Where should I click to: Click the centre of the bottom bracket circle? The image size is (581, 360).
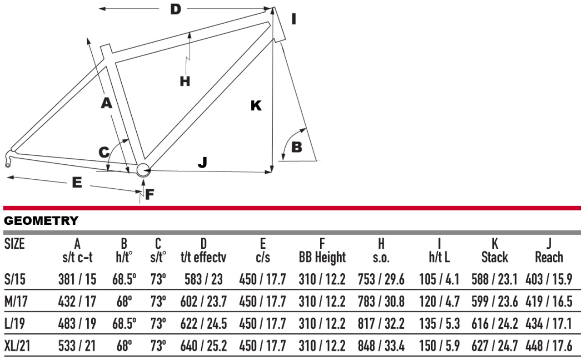(x=143, y=170)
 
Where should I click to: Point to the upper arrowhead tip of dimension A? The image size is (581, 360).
(x=87, y=38)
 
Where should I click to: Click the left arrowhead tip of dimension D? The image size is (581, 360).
(x=99, y=9)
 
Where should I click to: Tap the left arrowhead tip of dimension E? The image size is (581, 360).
(x=7, y=177)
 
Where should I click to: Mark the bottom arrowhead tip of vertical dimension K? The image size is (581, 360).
(x=272, y=172)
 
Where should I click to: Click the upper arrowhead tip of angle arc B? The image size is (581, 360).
(x=306, y=128)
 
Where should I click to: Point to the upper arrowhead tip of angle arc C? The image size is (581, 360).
(x=129, y=139)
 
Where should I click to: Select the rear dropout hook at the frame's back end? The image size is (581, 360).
(x=10, y=158)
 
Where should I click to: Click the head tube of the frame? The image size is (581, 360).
(x=280, y=25)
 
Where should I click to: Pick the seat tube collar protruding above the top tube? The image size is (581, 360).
(x=106, y=52)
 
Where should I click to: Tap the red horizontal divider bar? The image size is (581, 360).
(x=292, y=208)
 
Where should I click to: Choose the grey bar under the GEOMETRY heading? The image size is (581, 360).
(x=292, y=232)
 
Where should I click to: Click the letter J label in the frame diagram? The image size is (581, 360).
(x=203, y=162)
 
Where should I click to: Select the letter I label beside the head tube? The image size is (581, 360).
(x=293, y=19)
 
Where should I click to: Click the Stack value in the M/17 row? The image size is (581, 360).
(x=495, y=302)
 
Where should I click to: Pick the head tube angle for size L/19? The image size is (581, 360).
(x=124, y=324)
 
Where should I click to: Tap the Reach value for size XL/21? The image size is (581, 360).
(x=549, y=346)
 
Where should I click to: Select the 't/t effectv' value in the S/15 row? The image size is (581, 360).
(x=204, y=279)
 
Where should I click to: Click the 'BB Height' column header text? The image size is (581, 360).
(x=322, y=257)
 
